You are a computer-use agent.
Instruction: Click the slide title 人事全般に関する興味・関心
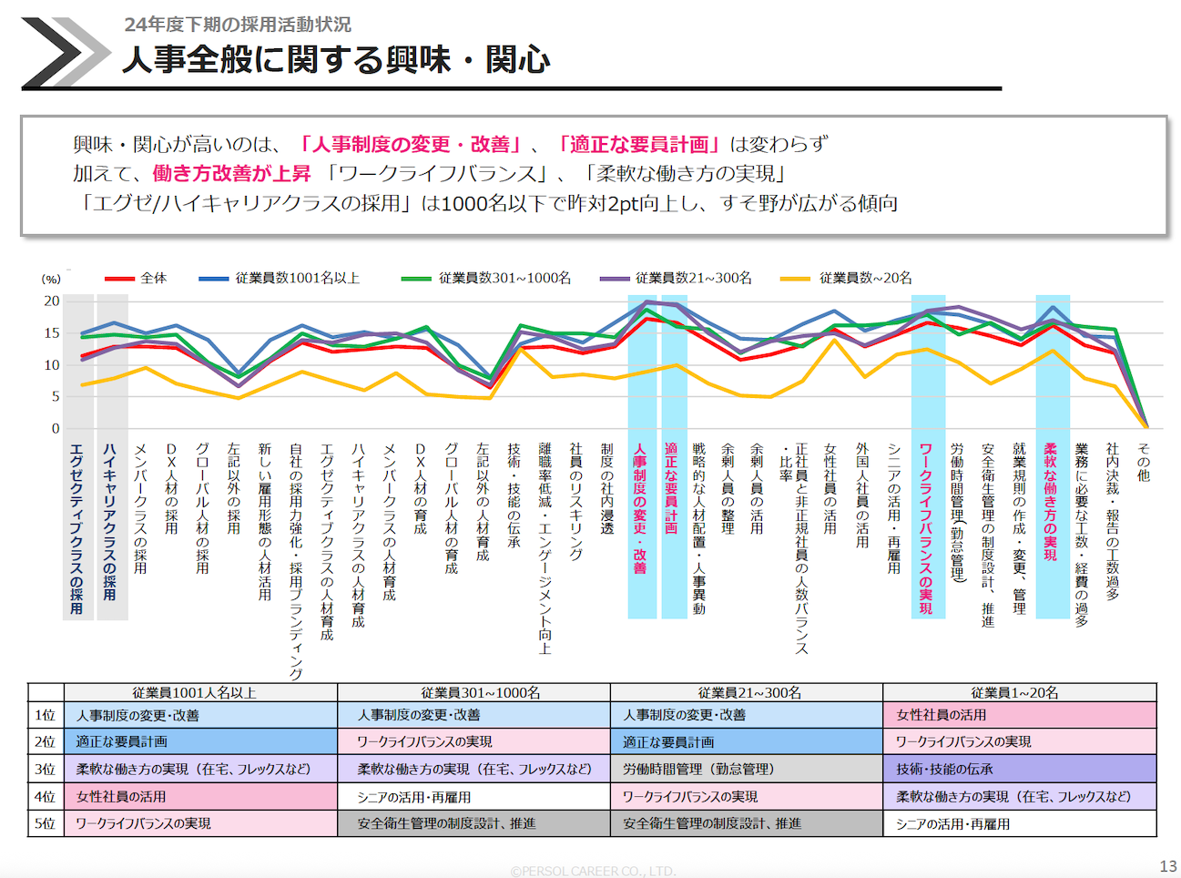click(x=336, y=60)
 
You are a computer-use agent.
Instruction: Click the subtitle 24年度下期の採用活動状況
click(x=238, y=25)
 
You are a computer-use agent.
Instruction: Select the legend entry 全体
click(x=153, y=278)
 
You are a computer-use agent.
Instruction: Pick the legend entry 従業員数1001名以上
click(x=297, y=278)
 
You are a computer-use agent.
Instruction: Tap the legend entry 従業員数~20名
click(x=865, y=278)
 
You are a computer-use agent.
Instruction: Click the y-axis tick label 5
click(x=55, y=397)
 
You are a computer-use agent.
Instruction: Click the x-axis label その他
click(x=1144, y=462)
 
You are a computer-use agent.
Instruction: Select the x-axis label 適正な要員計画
click(x=671, y=487)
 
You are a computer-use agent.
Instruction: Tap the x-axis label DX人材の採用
click(x=171, y=488)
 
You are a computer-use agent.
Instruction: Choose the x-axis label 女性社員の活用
click(x=830, y=488)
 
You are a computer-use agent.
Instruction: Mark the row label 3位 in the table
click(x=46, y=769)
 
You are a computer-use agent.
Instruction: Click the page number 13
click(x=1167, y=866)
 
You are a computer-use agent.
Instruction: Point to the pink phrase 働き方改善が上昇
click(x=231, y=173)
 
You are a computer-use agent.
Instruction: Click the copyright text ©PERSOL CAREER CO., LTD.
click(x=593, y=872)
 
